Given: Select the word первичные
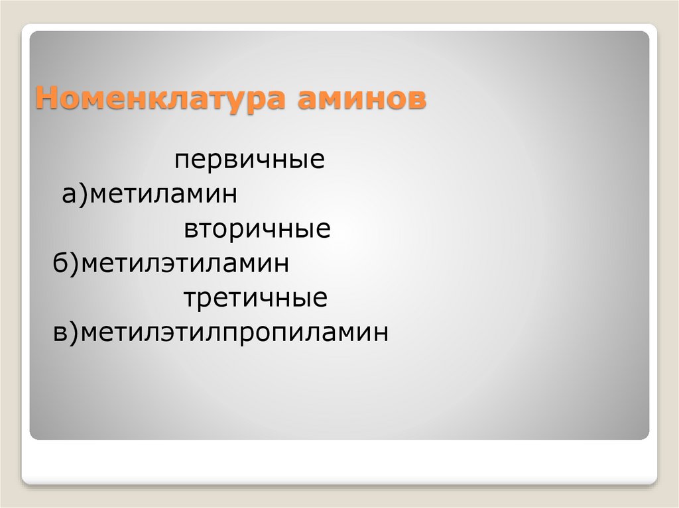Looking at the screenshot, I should click(x=249, y=160).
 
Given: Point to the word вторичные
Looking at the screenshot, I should click(x=257, y=230).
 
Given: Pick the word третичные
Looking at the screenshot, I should click(x=255, y=299).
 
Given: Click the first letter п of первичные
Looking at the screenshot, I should click(x=182, y=162).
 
